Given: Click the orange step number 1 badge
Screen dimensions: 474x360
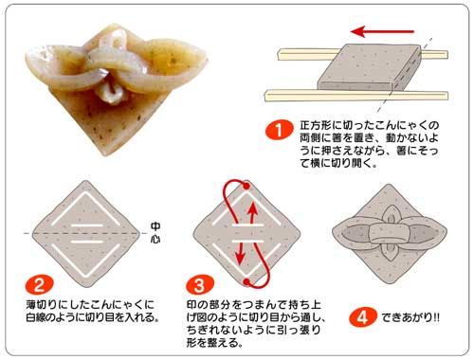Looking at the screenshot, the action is click(279, 130).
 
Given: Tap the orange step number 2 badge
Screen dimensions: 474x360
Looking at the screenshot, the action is click(40, 284).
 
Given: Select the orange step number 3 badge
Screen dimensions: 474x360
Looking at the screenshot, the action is click(200, 284).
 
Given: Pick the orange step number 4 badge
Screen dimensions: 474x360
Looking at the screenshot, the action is click(363, 316).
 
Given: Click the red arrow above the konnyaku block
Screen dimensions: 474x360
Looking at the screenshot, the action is click(382, 31).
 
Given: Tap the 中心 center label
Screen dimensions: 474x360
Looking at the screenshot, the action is click(155, 232).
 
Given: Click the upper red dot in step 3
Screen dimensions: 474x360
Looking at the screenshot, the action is click(246, 186).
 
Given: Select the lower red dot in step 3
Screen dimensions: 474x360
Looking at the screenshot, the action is click(246, 281).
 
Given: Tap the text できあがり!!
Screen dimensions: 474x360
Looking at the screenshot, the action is click(410, 317).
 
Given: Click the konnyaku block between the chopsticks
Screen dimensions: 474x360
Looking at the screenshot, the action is click(369, 66).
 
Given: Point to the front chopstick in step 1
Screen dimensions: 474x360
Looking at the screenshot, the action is click(356, 95).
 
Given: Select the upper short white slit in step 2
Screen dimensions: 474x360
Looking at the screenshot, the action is click(87, 225).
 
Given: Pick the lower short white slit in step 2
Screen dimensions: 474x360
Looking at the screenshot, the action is click(87, 242).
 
